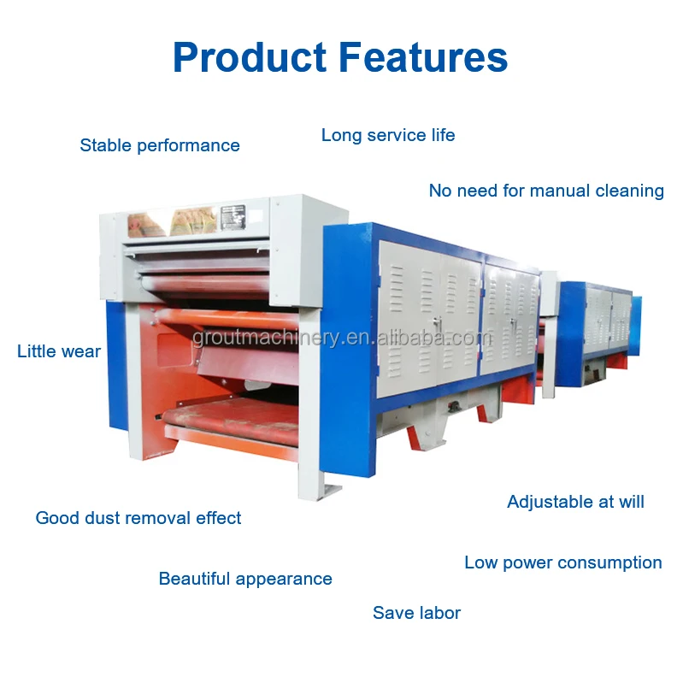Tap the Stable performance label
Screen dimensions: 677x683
(160, 145)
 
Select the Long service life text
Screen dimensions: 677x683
(388, 135)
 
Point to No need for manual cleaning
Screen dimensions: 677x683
(546, 191)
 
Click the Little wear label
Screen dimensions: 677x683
(59, 351)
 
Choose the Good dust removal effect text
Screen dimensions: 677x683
(138, 518)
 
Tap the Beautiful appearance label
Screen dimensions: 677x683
(245, 579)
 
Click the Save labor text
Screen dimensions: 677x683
(416, 613)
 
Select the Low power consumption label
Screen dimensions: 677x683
(563, 562)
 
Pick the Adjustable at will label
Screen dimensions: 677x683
(575, 502)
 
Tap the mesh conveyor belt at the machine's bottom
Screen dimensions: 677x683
(231, 420)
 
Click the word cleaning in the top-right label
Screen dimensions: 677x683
(628, 191)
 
